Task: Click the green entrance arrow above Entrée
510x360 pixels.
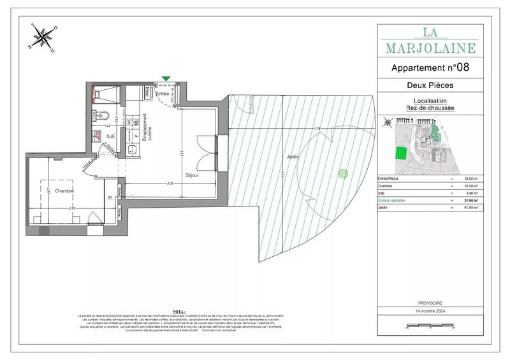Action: click(166, 79)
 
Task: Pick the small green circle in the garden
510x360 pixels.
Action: click(342, 172)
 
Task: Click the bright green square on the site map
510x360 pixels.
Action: click(401, 154)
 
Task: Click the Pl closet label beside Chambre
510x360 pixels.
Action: click(111, 199)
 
